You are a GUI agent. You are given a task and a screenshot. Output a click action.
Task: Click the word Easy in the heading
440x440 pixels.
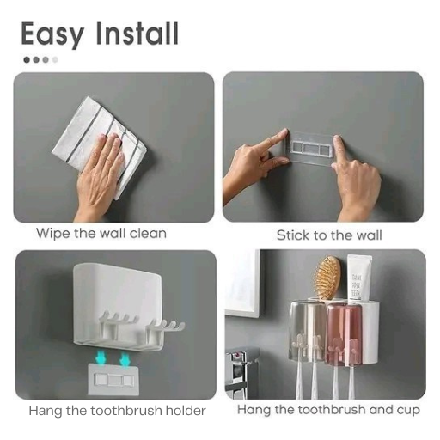point(53,34)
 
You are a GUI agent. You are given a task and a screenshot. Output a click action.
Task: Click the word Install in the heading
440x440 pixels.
point(137,33)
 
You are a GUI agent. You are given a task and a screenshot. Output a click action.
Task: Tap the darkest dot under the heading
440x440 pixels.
point(27,60)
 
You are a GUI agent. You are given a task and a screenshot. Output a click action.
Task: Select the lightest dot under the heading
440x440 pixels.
point(55,60)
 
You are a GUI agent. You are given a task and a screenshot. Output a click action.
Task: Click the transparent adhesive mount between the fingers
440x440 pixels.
point(311,149)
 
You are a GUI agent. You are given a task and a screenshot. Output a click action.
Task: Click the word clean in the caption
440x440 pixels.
point(148,234)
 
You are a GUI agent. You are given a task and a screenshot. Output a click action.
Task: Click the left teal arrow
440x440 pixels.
point(100,357)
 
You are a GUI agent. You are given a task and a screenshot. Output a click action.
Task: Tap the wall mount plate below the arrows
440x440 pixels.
point(113,380)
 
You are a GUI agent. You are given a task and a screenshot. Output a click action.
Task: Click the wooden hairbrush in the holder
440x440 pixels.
point(327,278)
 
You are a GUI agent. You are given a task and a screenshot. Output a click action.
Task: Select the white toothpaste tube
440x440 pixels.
point(359,278)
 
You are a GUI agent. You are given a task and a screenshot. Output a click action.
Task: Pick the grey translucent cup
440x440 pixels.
point(307,330)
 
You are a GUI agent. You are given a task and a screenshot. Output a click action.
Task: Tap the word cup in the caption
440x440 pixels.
point(408,411)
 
